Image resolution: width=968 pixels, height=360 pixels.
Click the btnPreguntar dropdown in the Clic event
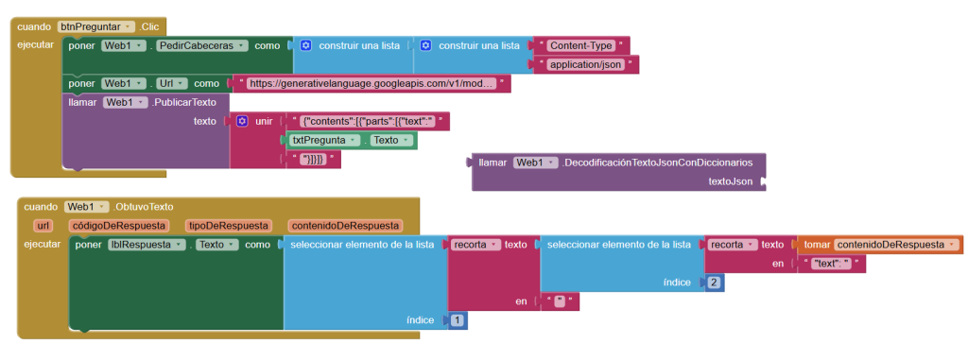point(95,27)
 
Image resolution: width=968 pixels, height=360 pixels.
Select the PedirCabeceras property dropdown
point(202,45)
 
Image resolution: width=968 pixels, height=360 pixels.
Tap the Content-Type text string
point(581,45)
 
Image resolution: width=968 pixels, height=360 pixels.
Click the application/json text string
point(585,65)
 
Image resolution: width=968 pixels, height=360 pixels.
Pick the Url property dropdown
point(172,83)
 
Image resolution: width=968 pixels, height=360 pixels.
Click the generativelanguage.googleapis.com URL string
point(372,83)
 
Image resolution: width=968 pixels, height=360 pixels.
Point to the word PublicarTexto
point(183,102)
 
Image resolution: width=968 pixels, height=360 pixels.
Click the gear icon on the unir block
point(243,122)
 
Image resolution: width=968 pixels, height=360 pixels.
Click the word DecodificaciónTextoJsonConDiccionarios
point(658,163)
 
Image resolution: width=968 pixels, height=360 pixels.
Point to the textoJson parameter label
point(731,181)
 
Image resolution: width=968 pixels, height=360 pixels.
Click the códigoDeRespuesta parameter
point(117,226)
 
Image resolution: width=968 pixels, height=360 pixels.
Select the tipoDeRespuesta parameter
point(227,226)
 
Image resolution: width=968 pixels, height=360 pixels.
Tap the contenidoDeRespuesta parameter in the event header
point(344,226)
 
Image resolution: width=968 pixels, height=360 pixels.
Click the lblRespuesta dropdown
point(147,245)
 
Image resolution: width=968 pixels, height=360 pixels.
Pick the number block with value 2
point(713,283)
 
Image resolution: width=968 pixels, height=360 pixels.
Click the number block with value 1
point(457,320)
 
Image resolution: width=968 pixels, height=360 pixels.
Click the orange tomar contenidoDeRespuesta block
point(880,245)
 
